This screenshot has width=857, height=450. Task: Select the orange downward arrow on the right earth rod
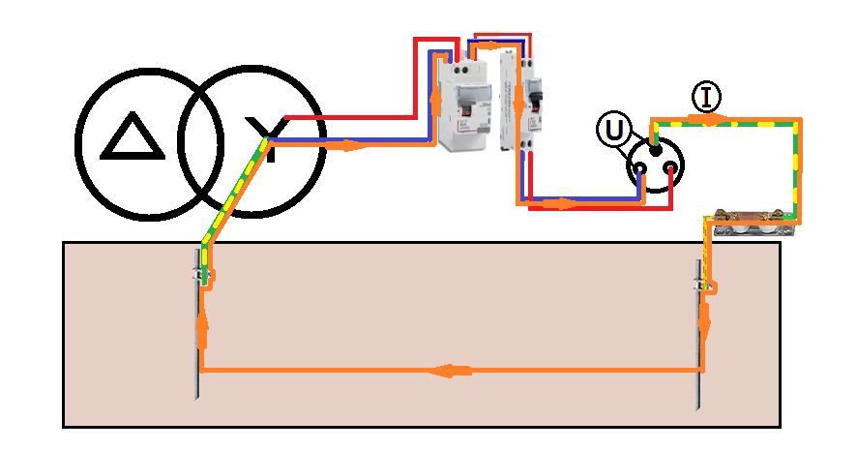[704, 317]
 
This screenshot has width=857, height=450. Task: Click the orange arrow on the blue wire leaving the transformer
[350, 146]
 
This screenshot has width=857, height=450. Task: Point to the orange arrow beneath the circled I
[711, 120]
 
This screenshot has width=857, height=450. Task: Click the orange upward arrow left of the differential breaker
[432, 96]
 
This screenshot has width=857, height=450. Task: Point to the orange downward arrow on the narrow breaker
[518, 96]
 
